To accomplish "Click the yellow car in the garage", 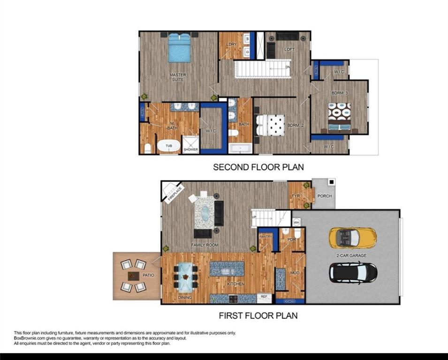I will click(352, 237).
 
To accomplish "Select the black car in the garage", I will click(353, 272).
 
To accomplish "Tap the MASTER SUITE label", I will click(178, 77).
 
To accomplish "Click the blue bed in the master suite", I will click(179, 48).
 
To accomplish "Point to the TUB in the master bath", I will click(168, 147).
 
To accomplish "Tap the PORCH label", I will click(325, 195).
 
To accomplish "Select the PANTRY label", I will click(266, 237).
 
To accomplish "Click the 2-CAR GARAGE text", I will click(351, 255).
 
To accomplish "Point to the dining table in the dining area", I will click(186, 277).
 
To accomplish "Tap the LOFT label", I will click(289, 49).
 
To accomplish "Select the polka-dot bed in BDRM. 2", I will click(271, 125).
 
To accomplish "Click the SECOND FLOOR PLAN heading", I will click(258, 167).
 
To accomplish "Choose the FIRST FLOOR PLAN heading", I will click(258, 315).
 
